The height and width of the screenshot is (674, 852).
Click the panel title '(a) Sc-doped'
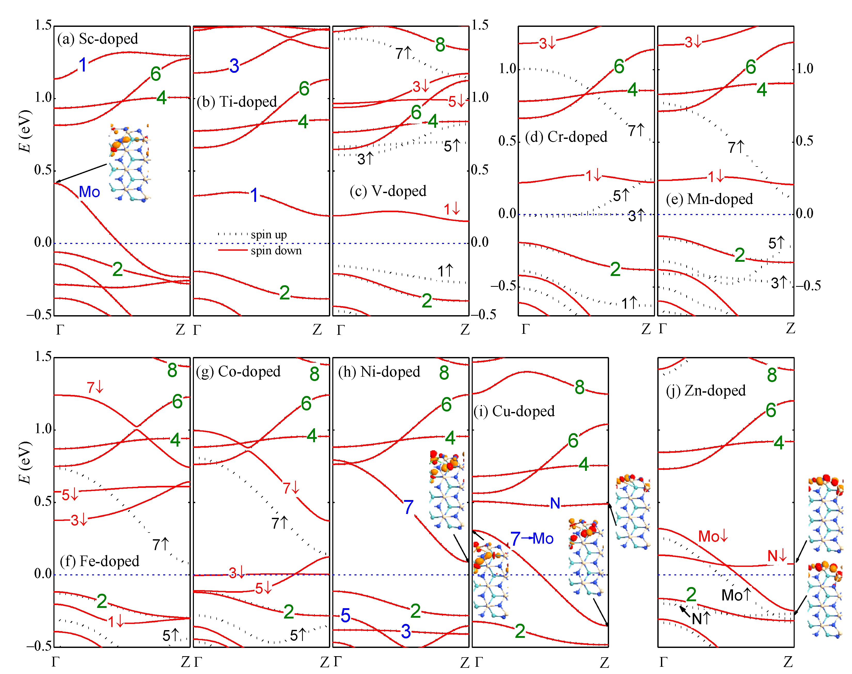point(98,39)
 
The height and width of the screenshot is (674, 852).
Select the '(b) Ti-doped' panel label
point(237,102)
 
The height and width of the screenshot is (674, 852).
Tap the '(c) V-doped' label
point(388,191)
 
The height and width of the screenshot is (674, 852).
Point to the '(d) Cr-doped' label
point(566,137)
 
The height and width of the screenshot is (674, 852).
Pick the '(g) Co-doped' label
point(238,371)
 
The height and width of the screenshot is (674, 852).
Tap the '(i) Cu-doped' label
point(514,411)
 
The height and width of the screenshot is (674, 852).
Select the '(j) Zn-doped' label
point(706,390)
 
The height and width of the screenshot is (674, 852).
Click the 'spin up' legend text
point(269,235)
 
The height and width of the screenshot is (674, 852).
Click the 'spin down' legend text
point(276,251)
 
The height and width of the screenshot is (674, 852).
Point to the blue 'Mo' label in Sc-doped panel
point(90,192)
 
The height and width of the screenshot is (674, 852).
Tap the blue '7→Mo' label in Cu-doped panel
point(532,538)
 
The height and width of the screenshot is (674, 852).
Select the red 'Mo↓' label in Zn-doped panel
point(713,536)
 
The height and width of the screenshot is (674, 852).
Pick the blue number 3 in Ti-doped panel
point(234,66)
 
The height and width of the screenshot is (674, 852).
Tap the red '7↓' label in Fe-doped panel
point(95,387)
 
